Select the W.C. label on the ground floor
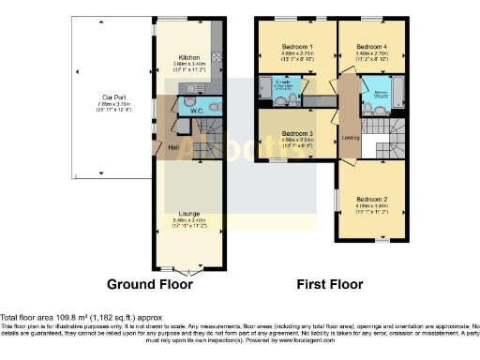coord(198,112)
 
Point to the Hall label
coord(173,146)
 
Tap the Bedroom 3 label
coord(297,134)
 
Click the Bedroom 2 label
coord(371,200)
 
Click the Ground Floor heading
coord(150,284)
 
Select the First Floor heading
coord(329,284)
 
